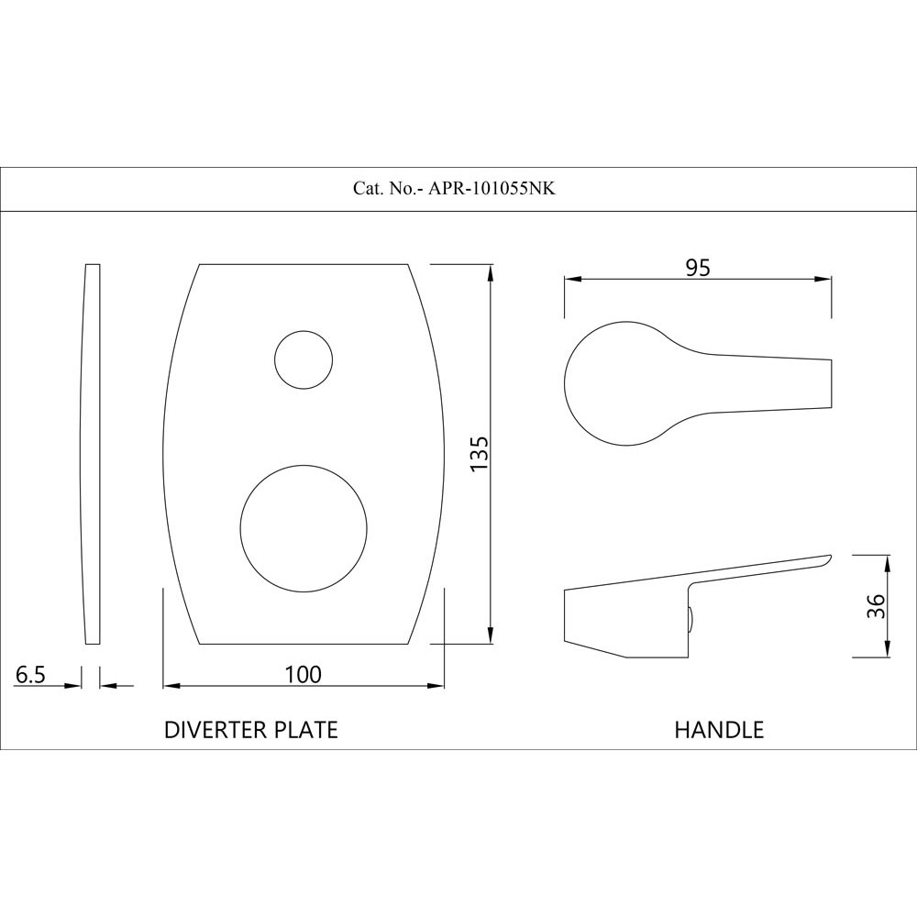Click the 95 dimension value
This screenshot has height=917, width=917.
point(698,268)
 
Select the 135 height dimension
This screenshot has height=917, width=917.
point(479,453)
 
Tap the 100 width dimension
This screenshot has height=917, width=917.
point(304,674)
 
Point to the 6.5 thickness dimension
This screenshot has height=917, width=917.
point(30,675)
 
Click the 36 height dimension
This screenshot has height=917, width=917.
point(875,605)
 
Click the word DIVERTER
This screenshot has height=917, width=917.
point(215,730)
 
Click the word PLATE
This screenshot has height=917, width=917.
point(304,730)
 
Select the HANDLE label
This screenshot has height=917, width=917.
point(719,730)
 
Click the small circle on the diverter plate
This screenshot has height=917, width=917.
point(304,358)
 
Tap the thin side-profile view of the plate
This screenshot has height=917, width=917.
point(91,454)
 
